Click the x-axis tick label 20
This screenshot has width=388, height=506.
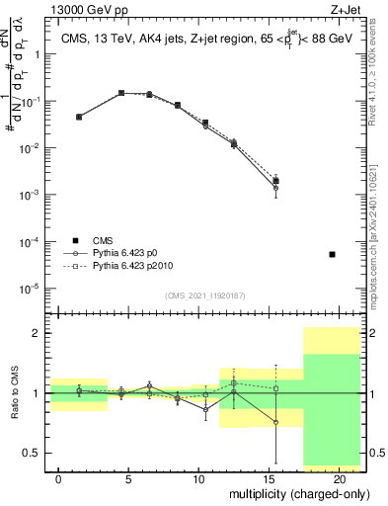click(x=339, y=478)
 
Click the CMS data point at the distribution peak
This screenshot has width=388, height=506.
click(x=121, y=93)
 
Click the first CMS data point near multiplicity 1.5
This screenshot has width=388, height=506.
click(x=79, y=117)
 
